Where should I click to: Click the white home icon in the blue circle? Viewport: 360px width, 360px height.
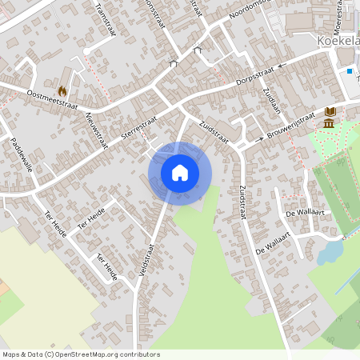click(x=180, y=173)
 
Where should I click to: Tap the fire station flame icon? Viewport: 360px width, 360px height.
click(x=62, y=91)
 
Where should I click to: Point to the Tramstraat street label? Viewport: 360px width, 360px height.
click(x=106, y=18)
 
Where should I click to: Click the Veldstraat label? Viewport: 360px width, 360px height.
click(x=146, y=260)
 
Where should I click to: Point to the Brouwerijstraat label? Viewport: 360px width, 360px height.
click(x=291, y=126)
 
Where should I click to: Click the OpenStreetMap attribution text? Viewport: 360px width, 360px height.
click(x=81, y=354)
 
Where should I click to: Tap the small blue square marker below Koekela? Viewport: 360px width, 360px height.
click(x=350, y=71)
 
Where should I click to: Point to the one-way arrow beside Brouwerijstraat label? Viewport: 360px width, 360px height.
click(x=260, y=140)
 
